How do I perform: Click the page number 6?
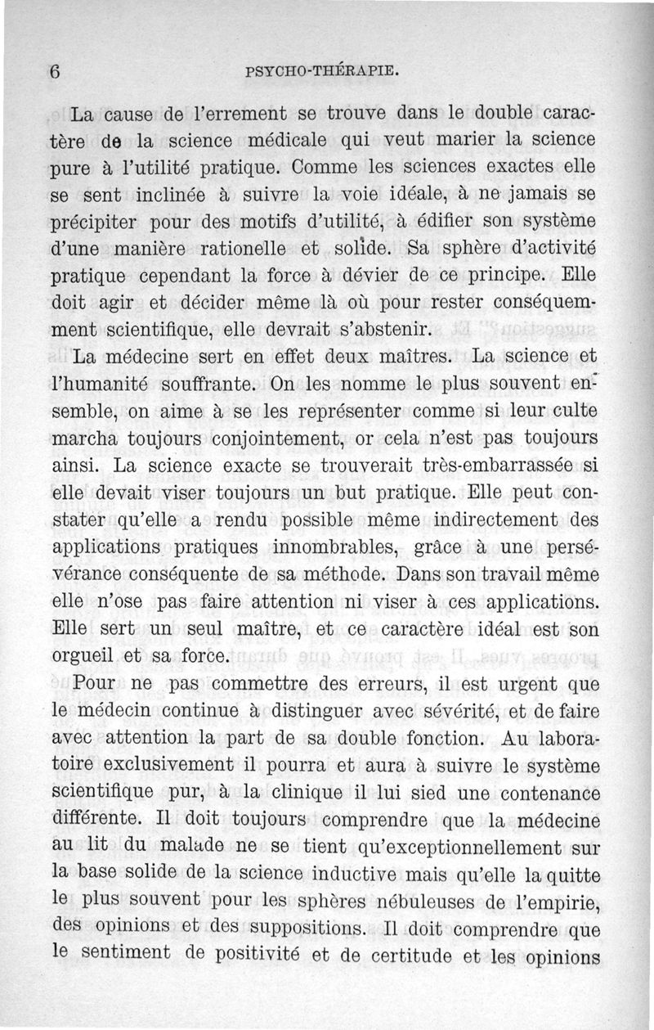pos(56,71)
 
